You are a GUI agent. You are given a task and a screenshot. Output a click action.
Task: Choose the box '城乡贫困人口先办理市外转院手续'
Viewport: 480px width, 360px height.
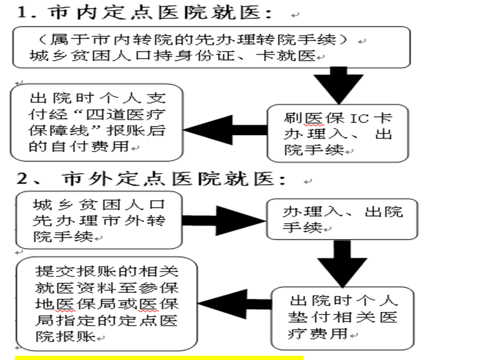100,220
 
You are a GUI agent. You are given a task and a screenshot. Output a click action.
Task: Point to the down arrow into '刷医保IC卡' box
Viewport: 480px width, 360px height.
340,84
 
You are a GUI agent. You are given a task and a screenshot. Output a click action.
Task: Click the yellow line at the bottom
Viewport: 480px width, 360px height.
159,358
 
